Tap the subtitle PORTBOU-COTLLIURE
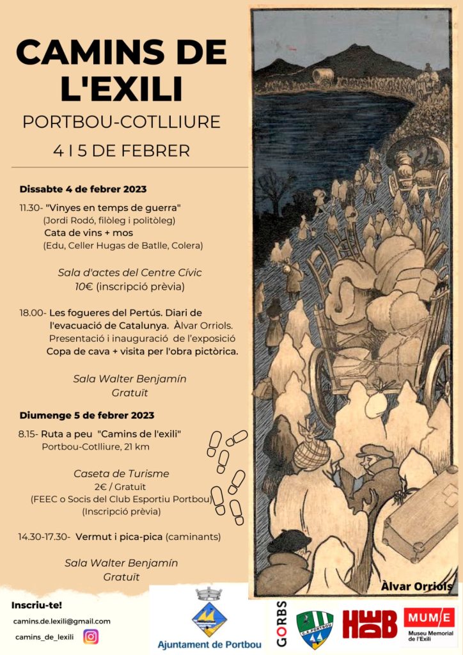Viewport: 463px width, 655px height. [122, 122]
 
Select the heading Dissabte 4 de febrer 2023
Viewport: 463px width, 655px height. [83, 189]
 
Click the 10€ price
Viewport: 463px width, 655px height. [84, 287]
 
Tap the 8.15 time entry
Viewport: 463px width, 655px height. [28, 434]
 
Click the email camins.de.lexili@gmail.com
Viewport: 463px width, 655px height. [62, 621]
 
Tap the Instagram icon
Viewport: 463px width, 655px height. [91, 636]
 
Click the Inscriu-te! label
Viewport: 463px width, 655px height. [33, 604]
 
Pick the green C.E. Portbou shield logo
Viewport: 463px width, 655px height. [314, 629]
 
